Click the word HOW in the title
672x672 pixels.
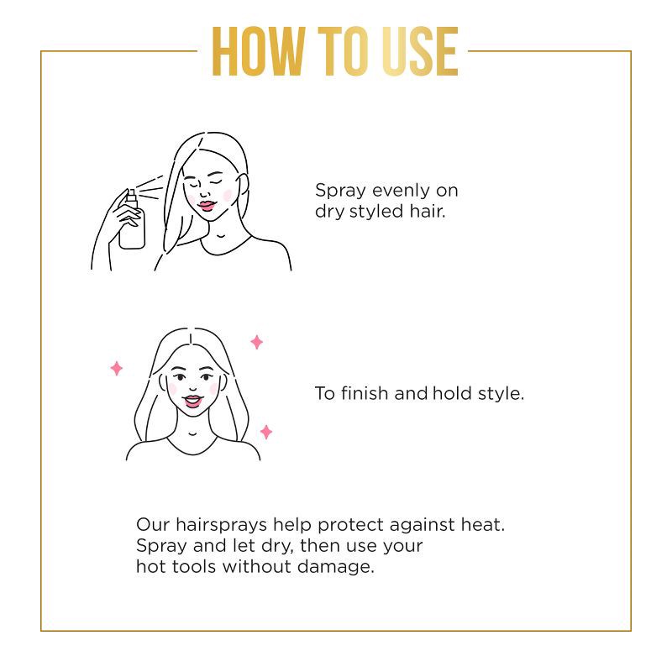click(256, 53)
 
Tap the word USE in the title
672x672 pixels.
click(413, 53)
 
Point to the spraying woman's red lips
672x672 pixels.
click(207, 200)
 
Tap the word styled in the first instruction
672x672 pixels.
click(380, 211)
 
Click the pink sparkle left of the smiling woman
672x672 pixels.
click(117, 368)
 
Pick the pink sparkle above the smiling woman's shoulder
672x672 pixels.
click(256, 342)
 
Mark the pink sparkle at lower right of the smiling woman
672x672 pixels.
click(266, 432)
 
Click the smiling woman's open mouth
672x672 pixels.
click(193, 401)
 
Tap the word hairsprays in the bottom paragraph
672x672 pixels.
click(220, 526)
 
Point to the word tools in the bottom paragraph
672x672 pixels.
click(193, 566)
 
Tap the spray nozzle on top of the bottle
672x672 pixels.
click(131, 195)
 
